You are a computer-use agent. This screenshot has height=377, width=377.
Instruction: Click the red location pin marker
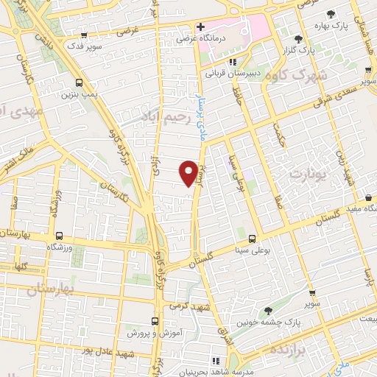tap(189, 172)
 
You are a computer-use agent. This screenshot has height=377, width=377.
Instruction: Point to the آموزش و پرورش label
tap(155, 333)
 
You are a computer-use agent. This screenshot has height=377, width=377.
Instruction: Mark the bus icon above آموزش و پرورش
tap(155, 321)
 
